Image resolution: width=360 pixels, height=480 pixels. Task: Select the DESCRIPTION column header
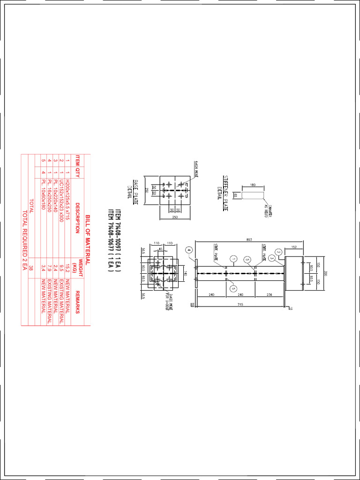click(78, 219)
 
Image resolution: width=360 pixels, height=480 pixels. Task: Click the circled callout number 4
click(189, 250)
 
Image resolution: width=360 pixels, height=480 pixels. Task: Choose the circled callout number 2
click(278, 252)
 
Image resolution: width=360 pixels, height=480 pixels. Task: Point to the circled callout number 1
click(232, 258)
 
